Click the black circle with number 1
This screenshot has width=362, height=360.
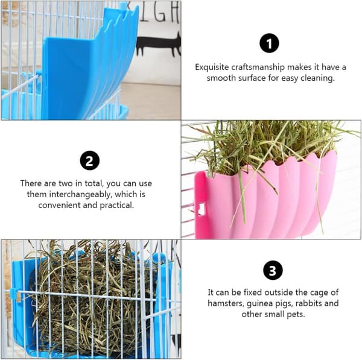click(269, 43)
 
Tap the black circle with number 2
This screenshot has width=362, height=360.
click(89, 160)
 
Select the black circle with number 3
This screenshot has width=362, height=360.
click(273, 270)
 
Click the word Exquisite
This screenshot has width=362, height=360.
click(212, 68)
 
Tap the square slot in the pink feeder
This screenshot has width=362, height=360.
click(202, 209)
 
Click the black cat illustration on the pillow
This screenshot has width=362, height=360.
click(159, 45)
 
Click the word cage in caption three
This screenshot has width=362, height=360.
click(320, 292)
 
